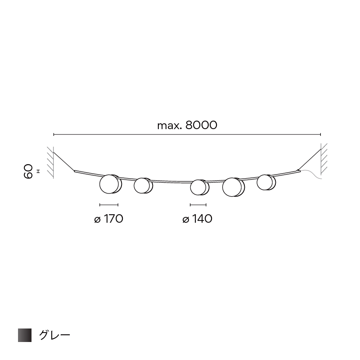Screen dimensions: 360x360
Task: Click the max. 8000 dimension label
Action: pos(187,126)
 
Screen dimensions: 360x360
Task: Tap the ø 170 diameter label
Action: pos(108,219)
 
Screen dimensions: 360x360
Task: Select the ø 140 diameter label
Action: pos(197,219)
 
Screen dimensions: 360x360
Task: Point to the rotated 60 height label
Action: pos(28,171)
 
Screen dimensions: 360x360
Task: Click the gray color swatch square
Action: pos(25,335)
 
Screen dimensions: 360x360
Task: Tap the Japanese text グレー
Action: pos(54,335)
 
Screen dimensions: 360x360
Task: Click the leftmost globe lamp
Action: pos(110,184)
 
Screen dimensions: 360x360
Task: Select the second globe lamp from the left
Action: pos(143,185)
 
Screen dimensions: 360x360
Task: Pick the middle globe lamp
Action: pos(199,187)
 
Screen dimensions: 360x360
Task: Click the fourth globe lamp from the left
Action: pos(233,187)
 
